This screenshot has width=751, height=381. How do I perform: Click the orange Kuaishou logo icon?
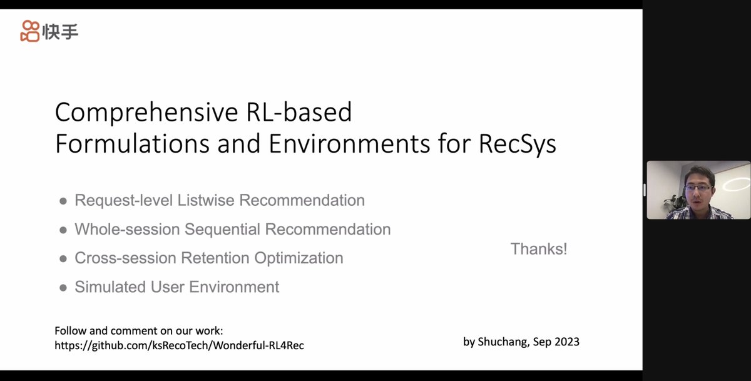click(x=30, y=31)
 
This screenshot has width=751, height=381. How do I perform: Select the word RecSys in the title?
click(x=518, y=144)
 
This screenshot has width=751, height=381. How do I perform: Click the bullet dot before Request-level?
click(x=63, y=201)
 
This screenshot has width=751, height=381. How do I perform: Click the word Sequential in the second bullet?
click(x=222, y=229)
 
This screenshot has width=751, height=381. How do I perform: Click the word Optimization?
click(x=300, y=258)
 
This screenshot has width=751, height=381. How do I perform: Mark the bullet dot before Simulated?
click(x=63, y=287)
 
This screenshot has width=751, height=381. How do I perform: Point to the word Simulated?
click(x=110, y=287)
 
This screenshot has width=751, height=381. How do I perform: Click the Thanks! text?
click(x=539, y=249)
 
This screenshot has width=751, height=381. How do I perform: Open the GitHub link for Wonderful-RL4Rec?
click(x=179, y=345)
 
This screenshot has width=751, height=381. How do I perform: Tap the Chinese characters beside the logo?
click(x=61, y=31)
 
